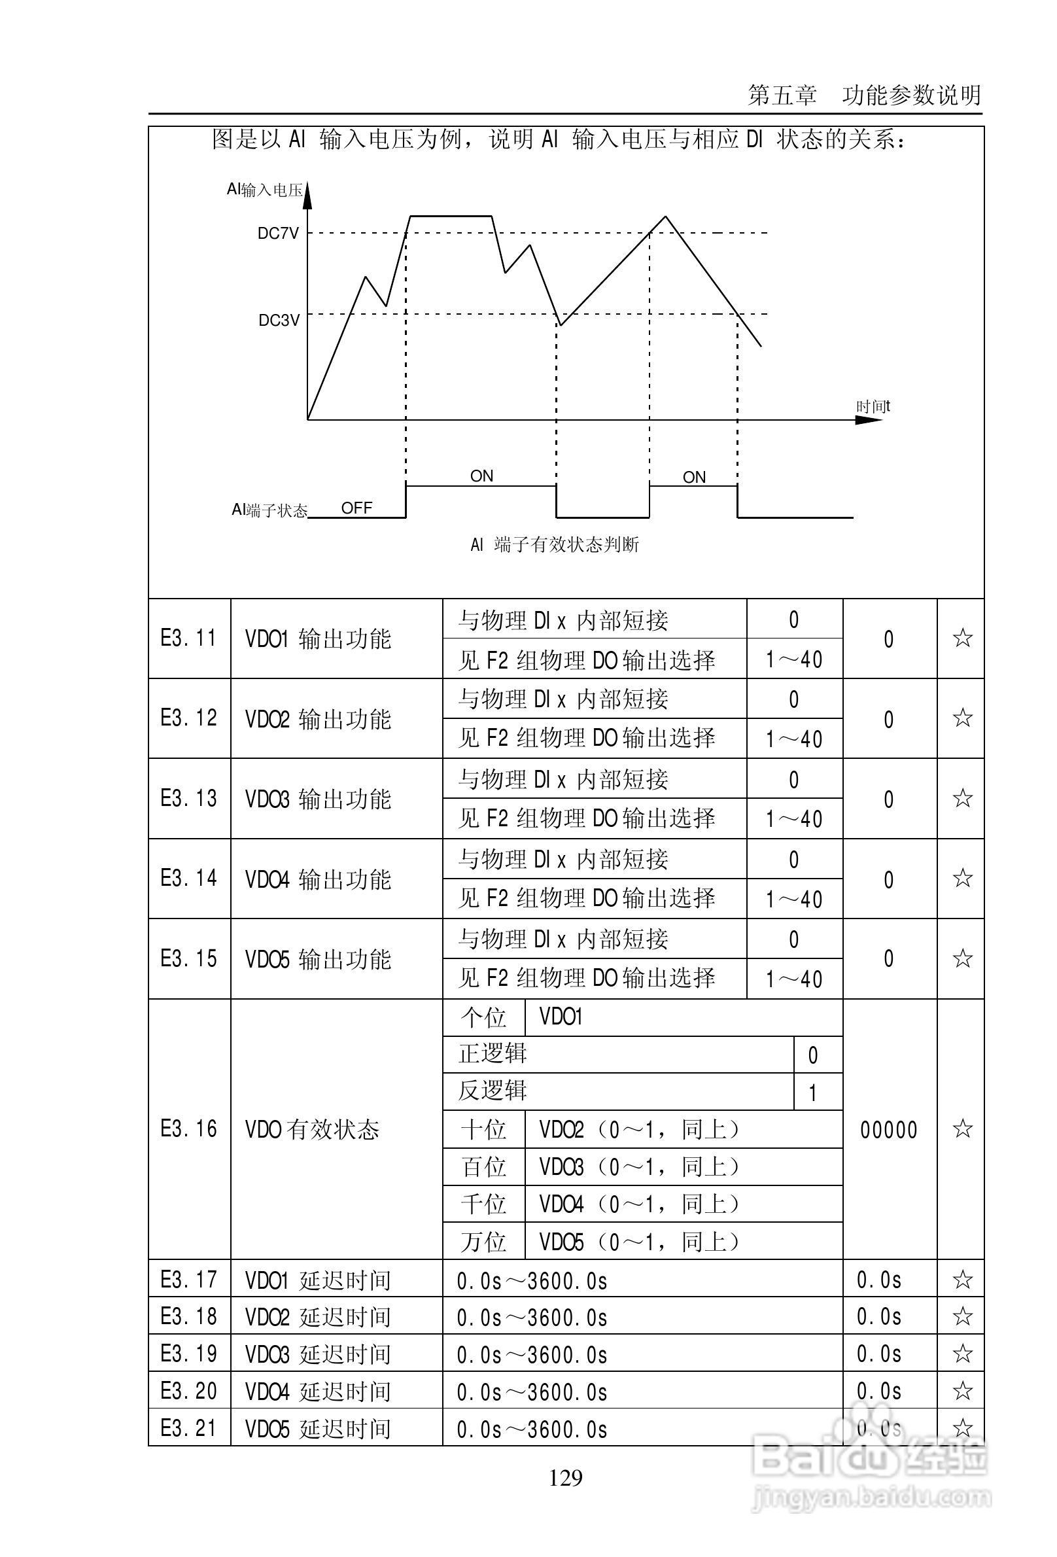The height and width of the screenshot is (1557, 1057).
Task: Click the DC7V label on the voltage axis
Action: coord(278,234)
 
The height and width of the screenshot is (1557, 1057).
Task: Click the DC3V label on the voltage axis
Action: coord(279,321)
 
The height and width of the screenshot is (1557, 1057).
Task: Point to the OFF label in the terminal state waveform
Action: coord(356,508)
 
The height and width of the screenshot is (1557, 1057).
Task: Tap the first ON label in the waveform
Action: coord(481,476)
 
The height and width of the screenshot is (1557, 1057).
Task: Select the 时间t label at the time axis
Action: coord(873,407)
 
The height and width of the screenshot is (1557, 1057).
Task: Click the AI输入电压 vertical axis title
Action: coord(265,190)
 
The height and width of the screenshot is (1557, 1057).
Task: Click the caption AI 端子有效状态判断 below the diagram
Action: coord(555,545)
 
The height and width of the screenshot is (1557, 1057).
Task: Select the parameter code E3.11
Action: coord(189,639)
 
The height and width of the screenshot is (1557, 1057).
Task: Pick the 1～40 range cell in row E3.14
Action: coord(795,899)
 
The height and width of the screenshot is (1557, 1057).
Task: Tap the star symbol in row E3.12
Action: coord(962,718)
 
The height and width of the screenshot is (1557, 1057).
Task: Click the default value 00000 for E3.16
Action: coord(889,1130)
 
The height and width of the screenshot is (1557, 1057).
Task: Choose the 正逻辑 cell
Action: coord(493,1054)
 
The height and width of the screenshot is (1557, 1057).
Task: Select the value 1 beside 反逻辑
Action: coord(812,1093)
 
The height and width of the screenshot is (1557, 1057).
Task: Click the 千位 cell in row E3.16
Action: coord(483,1204)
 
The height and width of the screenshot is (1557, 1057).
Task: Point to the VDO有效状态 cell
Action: coord(312,1130)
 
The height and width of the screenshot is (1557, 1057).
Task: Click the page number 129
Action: coord(565,1477)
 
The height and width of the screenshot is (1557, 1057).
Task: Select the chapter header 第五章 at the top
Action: coord(782,96)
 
